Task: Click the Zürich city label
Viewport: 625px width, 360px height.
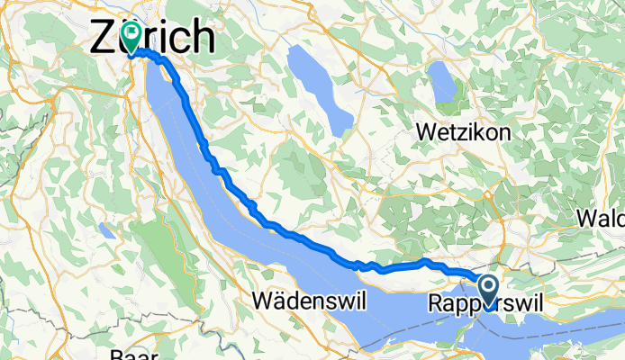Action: click(x=153, y=38)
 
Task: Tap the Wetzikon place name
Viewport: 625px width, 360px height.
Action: click(x=463, y=131)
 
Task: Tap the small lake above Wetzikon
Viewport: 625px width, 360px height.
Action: click(x=443, y=83)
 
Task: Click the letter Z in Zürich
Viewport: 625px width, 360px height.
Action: click(x=104, y=38)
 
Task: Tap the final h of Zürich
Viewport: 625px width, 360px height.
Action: click(x=204, y=38)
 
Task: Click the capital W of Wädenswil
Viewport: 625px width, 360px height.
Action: click(x=263, y=298)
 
